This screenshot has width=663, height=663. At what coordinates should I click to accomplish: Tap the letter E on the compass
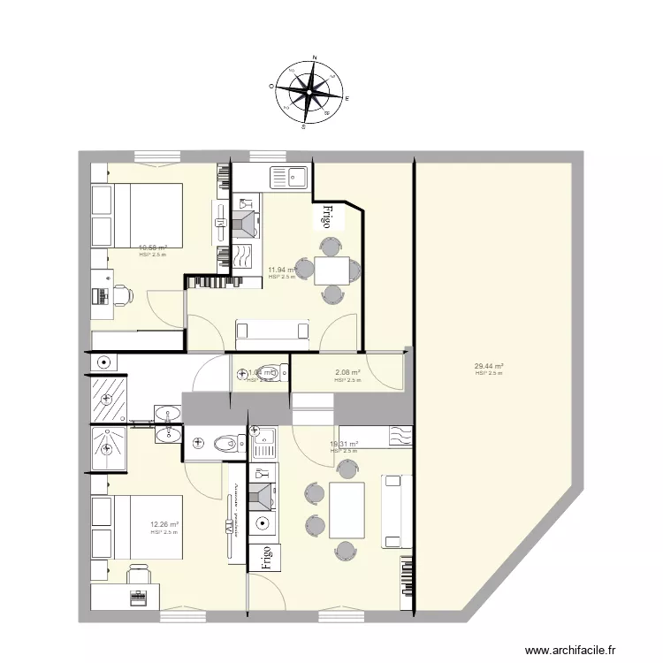[347, 99]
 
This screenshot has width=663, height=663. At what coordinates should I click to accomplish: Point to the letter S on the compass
[303, 126]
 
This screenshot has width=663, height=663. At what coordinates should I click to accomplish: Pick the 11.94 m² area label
[282, 271]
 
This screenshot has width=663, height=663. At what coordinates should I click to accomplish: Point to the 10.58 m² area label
[153, 248]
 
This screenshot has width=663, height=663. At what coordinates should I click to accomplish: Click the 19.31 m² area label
[344, 445]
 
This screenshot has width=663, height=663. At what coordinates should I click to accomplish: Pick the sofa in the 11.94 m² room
[271, 330]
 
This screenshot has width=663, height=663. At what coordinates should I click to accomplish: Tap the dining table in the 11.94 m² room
[331, 270]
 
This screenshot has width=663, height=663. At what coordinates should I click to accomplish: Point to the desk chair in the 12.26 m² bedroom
[138, 575]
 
